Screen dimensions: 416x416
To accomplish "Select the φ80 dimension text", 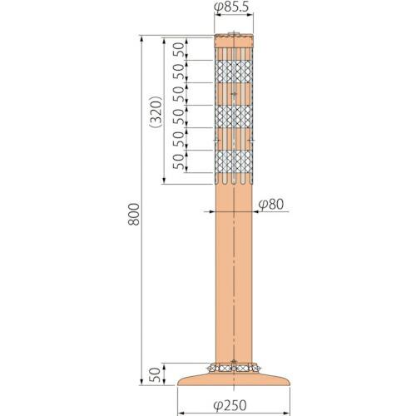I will pyautogui.click(x=270, y=204).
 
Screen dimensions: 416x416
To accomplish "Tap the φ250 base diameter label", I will pyautogui.click(x=232, y=406).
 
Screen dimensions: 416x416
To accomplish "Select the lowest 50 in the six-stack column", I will pyautogui.click(x=179, y=161).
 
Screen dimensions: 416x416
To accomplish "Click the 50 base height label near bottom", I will pyautogui.click(x=156, y=375).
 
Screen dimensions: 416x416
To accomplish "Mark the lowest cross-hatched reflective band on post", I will pyautogui.click(x=232, y=163).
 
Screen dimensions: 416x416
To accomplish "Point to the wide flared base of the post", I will pyautogui.click(x=232, y=380).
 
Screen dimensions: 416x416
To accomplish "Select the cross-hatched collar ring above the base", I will pyautogui.click(x=232, y=367).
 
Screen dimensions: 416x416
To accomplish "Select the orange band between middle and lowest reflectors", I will pyautogui.click(x=232, y=140).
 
